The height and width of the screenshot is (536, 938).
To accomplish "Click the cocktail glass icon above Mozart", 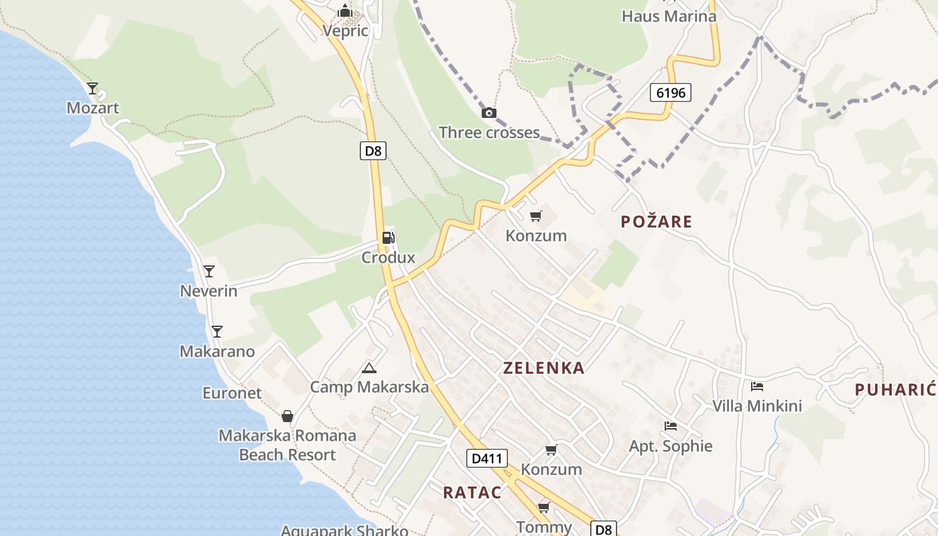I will click(92, 88).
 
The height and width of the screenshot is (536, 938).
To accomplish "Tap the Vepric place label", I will click(345, 31).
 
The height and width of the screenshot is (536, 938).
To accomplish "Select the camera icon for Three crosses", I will click(489, 113).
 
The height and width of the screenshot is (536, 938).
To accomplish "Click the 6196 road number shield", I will click(670, 92).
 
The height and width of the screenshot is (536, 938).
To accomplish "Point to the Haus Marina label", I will click(669, 16).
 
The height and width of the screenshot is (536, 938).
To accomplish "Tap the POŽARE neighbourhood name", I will click(656, 222).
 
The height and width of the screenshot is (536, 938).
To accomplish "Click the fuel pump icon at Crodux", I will click(388, 237).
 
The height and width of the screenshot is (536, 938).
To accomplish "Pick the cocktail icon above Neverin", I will click(209, 271).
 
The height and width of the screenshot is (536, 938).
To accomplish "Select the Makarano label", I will click(217, 351).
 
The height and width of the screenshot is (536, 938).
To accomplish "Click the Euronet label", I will click(232, 393).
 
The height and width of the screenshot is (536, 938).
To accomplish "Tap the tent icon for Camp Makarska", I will click(368, 368).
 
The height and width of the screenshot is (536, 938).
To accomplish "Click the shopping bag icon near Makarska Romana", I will click(287, 416).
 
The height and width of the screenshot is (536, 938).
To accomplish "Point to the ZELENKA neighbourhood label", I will click(543, 368).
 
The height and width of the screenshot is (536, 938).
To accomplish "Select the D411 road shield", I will click(486, 459).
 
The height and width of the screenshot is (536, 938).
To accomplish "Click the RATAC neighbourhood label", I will click(472, 492).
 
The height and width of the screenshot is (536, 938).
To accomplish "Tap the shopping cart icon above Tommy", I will click(543, 507).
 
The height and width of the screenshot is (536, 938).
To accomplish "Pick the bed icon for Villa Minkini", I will click(757, 386).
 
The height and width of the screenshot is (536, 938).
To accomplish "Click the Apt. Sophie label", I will click(670, 446).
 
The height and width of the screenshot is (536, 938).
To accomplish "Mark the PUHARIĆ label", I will click(895, 390).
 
